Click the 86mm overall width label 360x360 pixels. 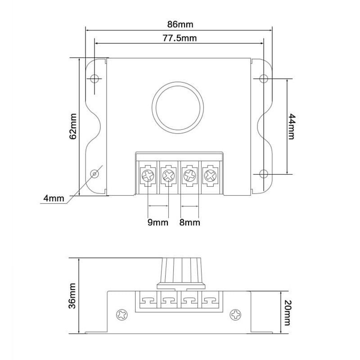[179, 22]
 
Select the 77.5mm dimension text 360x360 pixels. [179, 38]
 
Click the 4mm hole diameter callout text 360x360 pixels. [53, 198]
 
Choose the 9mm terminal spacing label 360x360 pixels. [157, 222]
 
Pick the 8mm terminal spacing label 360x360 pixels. [190, 222]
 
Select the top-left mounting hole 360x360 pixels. [94, 78]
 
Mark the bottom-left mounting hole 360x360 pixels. [94, 174]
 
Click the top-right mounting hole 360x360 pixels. [264, 78]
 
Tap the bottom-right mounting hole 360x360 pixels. [264, 174]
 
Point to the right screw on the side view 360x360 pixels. [235, 314]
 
